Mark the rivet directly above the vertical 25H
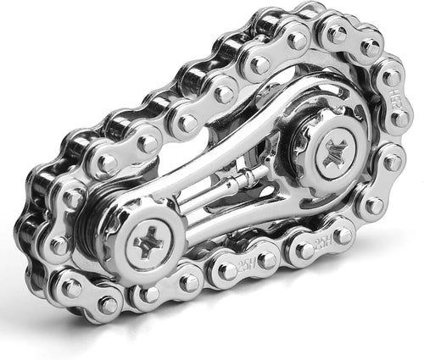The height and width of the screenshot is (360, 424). [392, 79]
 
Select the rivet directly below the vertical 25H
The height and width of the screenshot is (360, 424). [392, 160]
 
